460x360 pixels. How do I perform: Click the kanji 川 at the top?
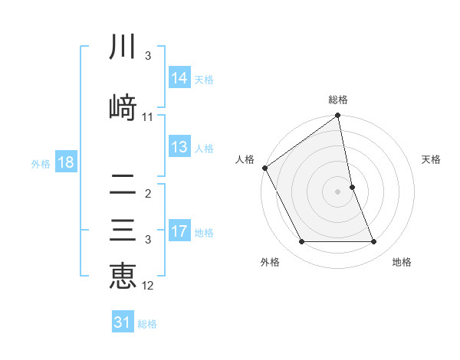point(123,47)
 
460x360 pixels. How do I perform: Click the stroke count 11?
point(148,117)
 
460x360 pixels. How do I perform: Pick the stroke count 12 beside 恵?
point(148,286)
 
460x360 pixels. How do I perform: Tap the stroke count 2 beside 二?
point(148,194)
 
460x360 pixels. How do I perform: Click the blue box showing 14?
point(179,78)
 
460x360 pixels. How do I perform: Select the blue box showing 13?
point(179,147)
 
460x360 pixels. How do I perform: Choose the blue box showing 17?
point(179,231)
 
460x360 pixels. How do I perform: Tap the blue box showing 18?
point(65,162)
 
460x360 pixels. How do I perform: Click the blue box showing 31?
point(123,322)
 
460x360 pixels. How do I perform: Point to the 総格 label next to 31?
point(147,324)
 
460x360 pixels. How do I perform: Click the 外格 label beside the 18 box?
point(41,163)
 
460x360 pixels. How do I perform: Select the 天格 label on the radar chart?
point(432,159)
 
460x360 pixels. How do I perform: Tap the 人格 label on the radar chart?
point(245,159)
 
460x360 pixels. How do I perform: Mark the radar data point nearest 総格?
point(337,116)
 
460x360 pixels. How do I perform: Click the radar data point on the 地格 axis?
point(374,242)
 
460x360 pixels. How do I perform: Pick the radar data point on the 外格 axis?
point(301,242)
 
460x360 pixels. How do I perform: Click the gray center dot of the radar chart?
point(337,191)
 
